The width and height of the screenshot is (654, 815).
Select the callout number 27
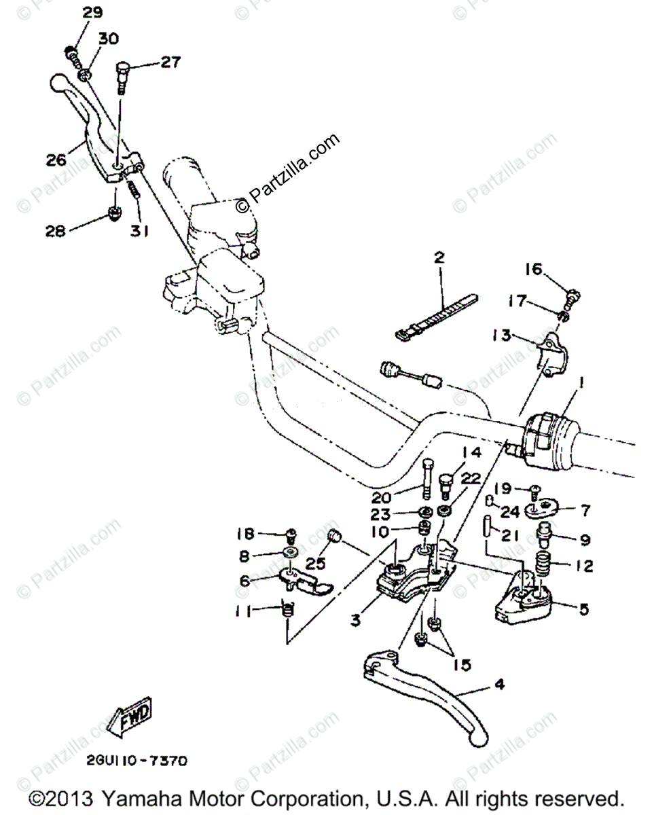point(170,62)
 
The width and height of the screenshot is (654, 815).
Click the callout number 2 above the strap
point(439,257)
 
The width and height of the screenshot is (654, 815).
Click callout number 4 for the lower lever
point(499,685)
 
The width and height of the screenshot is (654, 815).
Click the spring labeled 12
point(543,564)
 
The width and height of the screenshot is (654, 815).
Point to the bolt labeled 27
point(122,76)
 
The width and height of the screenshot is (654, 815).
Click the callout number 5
point(583,609)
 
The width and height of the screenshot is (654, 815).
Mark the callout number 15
point(462,666)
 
